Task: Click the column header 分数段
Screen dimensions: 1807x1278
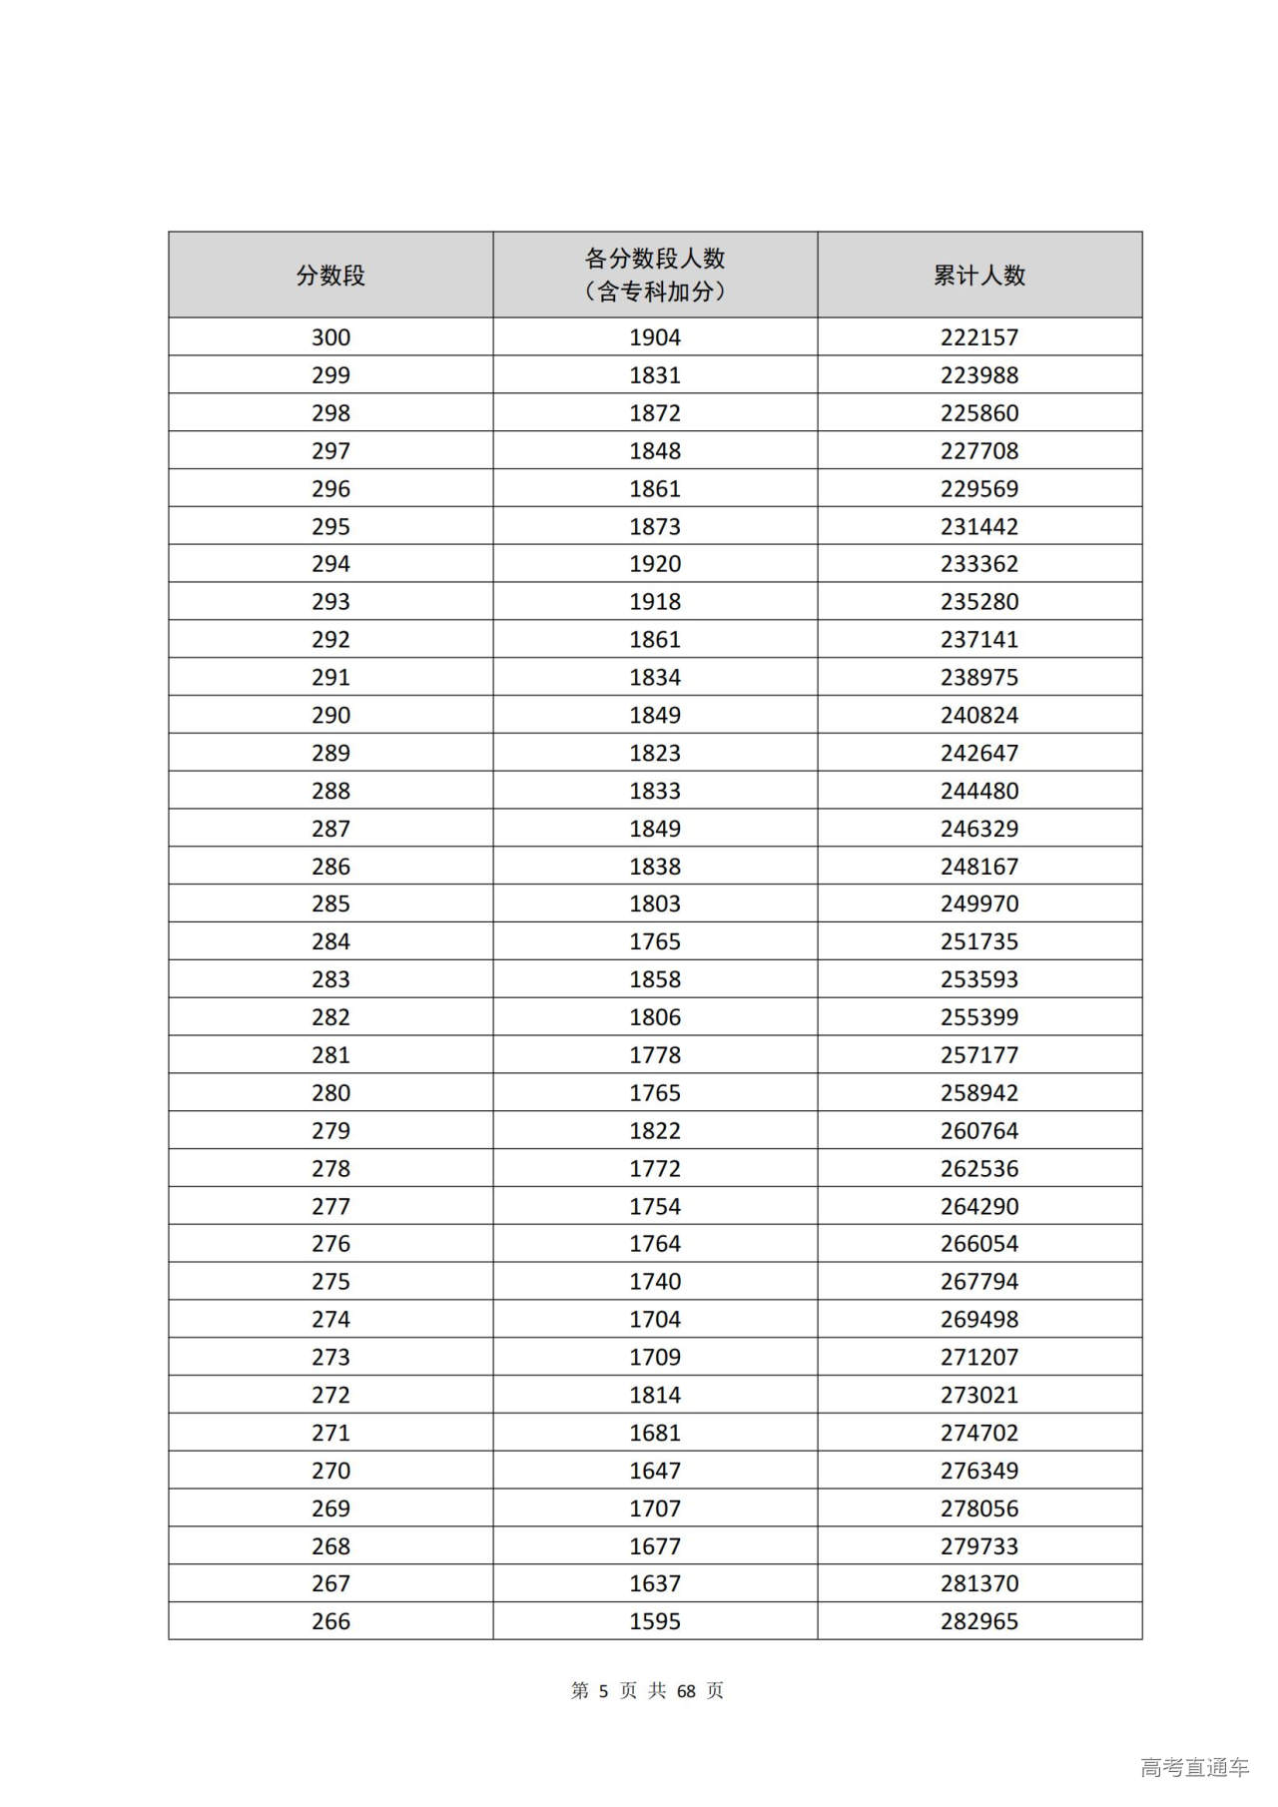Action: pyautogui.click(x=330, y=276)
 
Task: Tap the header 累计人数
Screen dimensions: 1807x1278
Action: pyautogui.click(x=978, y=276)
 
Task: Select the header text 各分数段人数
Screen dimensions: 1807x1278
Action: pyautogui.click(x=655, y=259)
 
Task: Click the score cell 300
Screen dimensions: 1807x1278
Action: pyautogui.click(x=330, y=337)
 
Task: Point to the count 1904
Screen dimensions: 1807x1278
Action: pyautogui.click(x=655, y=337)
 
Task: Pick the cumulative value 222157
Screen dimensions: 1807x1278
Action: pyautogui.click(x=978, y=337)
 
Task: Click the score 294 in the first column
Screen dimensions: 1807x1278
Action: pyautogui.click(x=330, y=564)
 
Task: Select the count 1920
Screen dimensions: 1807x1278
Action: pyautogui.click(x=655, y=564)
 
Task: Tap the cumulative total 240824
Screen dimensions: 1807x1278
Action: pyautogui.click(x=978, y=715)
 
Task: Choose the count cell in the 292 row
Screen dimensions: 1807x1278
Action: pyautogui.click(x=655, y=640)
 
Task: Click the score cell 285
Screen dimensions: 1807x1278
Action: pyautogui.click(x=330, y=903)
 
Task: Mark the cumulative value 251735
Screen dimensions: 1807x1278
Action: pyautogui.click(x=978, y=941)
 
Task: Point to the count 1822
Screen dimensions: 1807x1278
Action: pyautogui.click(x=655, y=1130)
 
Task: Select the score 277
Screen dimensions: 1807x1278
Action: pyautogui.click(x=330, y=1206)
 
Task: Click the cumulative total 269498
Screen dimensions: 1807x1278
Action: pyautogui.click(x=978, y=1319)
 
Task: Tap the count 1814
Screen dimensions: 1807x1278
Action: pyautogui.click(x=655, y=1395)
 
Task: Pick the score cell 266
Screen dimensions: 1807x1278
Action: pyautogui.click(x=330, y=1621)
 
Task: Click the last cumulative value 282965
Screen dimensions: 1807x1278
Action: pyautogui.click(x=978, y=1621)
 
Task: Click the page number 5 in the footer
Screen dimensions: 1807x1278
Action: pyautogui.click(x=603, y=1690)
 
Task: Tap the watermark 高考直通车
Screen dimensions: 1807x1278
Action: pyautogui.click(x=1194, y=1767)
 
